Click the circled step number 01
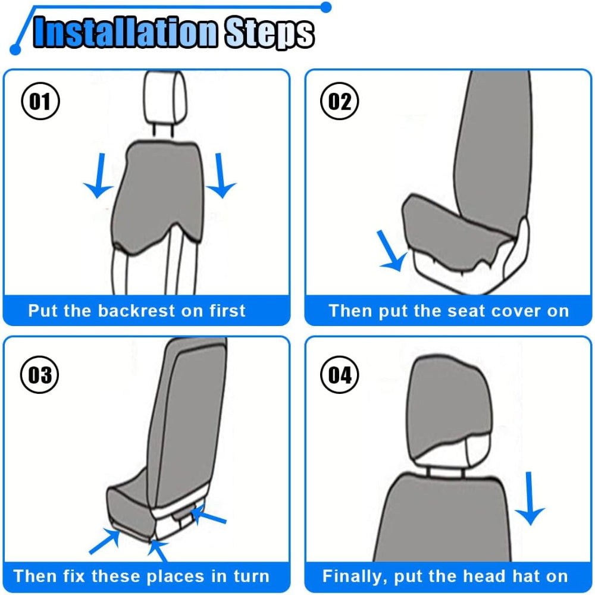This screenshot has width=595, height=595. point(40,101)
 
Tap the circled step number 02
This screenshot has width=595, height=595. point(339,101)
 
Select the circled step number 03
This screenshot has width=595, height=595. point(39,374)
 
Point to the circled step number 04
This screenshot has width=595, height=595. point(339,374)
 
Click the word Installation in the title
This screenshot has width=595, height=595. point(126,32)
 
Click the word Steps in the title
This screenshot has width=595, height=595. point(270,33)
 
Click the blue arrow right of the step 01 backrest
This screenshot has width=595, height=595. point(221,176)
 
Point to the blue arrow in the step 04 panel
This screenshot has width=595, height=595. point(530,498)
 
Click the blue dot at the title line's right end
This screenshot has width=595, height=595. point(325,7)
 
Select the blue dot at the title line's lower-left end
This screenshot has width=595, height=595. point(15,49)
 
